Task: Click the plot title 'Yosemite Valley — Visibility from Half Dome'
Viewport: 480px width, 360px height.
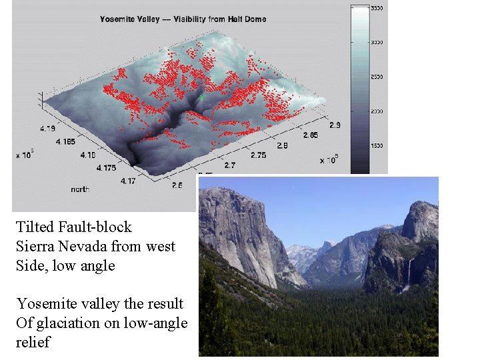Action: click(x=183, y=19)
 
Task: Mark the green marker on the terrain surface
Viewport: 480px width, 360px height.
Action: click(x=201, y=97)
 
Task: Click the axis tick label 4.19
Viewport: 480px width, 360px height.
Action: click(x=47, y=127)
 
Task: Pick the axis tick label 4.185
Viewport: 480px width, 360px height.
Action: click(x=66, y=141)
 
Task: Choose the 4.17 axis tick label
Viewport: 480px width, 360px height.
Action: click(x=127, y=181)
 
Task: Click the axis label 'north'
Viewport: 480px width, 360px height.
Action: click(x=80, y=189)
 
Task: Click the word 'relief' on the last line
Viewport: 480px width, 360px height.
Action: click(x=32, y=343)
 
